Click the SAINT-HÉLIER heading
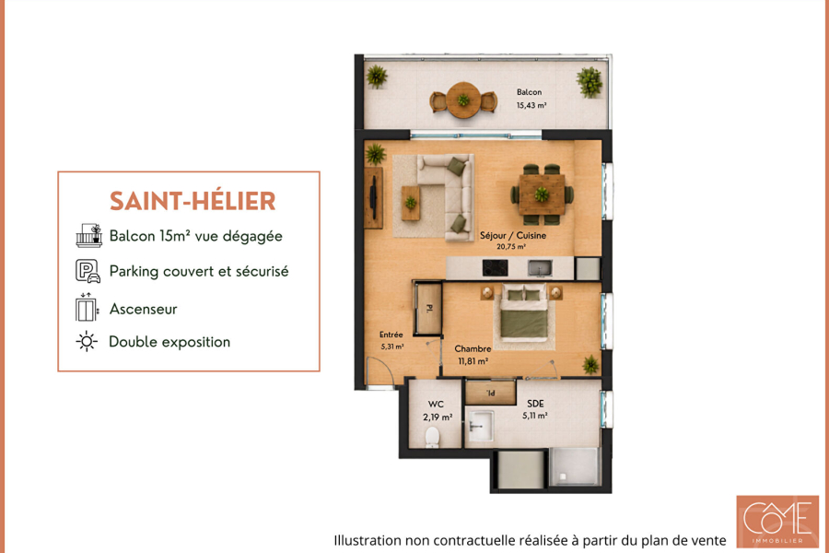point(193,201)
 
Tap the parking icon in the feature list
point(88,271)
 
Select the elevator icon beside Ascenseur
point(88,308)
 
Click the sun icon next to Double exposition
point(87,341)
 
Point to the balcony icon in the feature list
point(88,236)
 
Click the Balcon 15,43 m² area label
point(531,99)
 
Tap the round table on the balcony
point(463,100)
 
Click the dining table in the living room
point(542,194)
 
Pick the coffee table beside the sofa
point(411,203)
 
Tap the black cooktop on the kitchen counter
point(496,268)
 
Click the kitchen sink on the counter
point(540,268)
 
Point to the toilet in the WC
point(433,437)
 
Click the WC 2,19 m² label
point(438,411)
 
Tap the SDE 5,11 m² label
point(535,409)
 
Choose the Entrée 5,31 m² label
point(391,340)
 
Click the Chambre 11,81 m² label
point(473,355)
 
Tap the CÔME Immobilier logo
point(777,522)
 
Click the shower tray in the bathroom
point(575,466)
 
